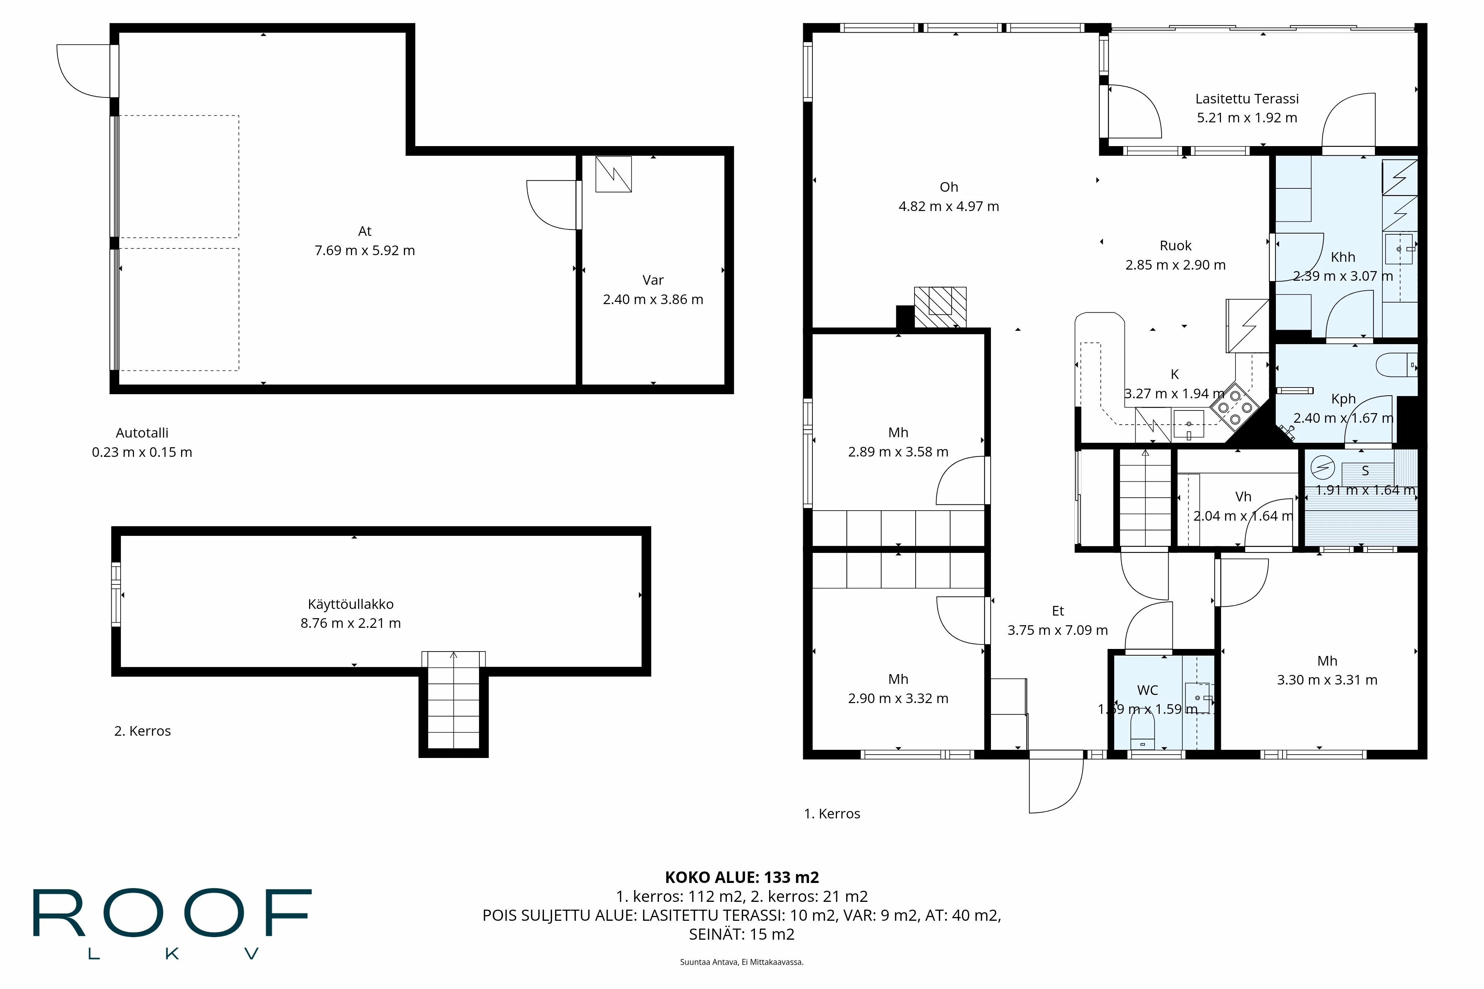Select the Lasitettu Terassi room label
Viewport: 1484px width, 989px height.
[x=1247, y=98]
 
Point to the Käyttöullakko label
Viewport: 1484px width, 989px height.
[x=351, y=604]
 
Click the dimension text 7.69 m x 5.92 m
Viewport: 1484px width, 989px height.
[x=365, y=250]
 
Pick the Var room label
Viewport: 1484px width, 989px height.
[x=653, y=280]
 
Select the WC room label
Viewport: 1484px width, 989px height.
[x=1148, y=690]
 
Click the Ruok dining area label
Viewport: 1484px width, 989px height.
[x=1175, y=245]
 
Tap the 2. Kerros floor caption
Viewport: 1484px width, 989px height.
[x=142, y=731]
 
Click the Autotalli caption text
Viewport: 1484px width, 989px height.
[x=142, y=433]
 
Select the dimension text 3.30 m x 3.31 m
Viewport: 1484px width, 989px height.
[x=1327, y=680]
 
